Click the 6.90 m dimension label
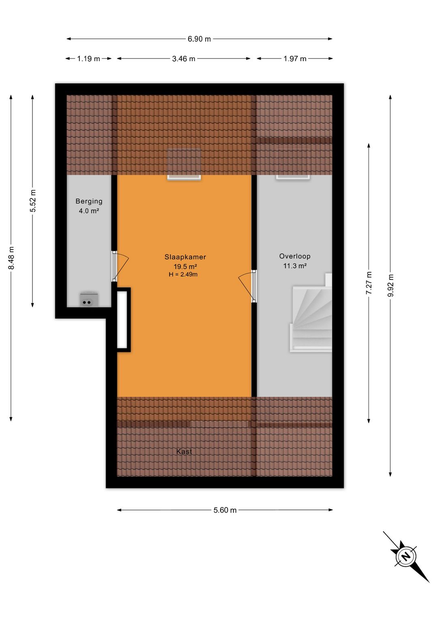click(199, 39)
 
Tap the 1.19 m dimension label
click(88, 59)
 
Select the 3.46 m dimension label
click(183, 59)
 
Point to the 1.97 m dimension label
click(295, 59)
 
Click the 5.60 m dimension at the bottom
click(225, 510)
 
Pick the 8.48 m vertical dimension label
click(11, 258)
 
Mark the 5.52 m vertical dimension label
click(33, 201)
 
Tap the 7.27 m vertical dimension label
click(369, 283)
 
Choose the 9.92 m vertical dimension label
click(390, 286)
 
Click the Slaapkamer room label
click(185, 257)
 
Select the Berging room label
click(89, 201)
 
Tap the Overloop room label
click(294, 256)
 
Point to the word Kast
click(184, 451)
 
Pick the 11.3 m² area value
click(294, 266)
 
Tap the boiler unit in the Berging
click(86, 300)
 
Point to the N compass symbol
click(406, 556)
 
